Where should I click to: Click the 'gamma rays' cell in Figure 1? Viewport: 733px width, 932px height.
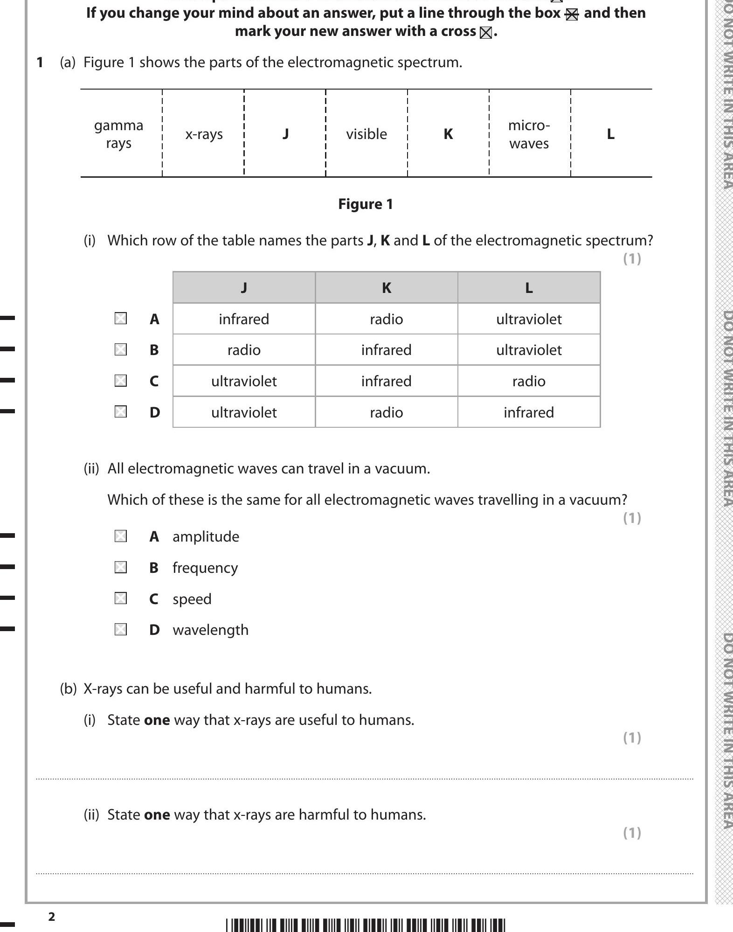point(118,134)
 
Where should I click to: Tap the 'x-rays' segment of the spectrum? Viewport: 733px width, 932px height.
point(204,134)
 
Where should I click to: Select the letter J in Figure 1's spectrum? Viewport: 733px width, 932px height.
point(285,134)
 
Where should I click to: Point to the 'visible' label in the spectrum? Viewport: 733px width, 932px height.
point(366,134)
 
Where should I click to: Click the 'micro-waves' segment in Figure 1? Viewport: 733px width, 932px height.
point(529,134)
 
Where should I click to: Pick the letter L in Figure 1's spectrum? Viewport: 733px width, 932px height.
point(610,134)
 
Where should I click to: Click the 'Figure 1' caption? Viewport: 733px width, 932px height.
point(365,204)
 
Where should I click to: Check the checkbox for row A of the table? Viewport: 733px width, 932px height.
point(121,319)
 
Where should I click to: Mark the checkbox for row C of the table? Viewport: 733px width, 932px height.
point(121,381)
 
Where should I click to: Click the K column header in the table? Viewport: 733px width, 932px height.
point(386,288)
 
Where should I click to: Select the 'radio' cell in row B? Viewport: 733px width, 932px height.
point(244,350)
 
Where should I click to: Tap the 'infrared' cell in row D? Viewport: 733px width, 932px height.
point(528,412)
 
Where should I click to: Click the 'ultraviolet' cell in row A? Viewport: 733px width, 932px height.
point(528,319)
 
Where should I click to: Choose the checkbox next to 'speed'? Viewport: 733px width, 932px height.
point(121,598)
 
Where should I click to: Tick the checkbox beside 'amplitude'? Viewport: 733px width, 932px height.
point(121,536)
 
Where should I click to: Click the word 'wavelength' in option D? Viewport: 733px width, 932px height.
point(210,630)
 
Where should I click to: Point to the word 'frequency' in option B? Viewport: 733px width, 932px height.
point(205,568)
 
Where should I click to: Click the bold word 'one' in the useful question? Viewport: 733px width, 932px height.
point(157,720)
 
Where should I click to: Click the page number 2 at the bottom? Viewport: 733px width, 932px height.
point(52,917)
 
